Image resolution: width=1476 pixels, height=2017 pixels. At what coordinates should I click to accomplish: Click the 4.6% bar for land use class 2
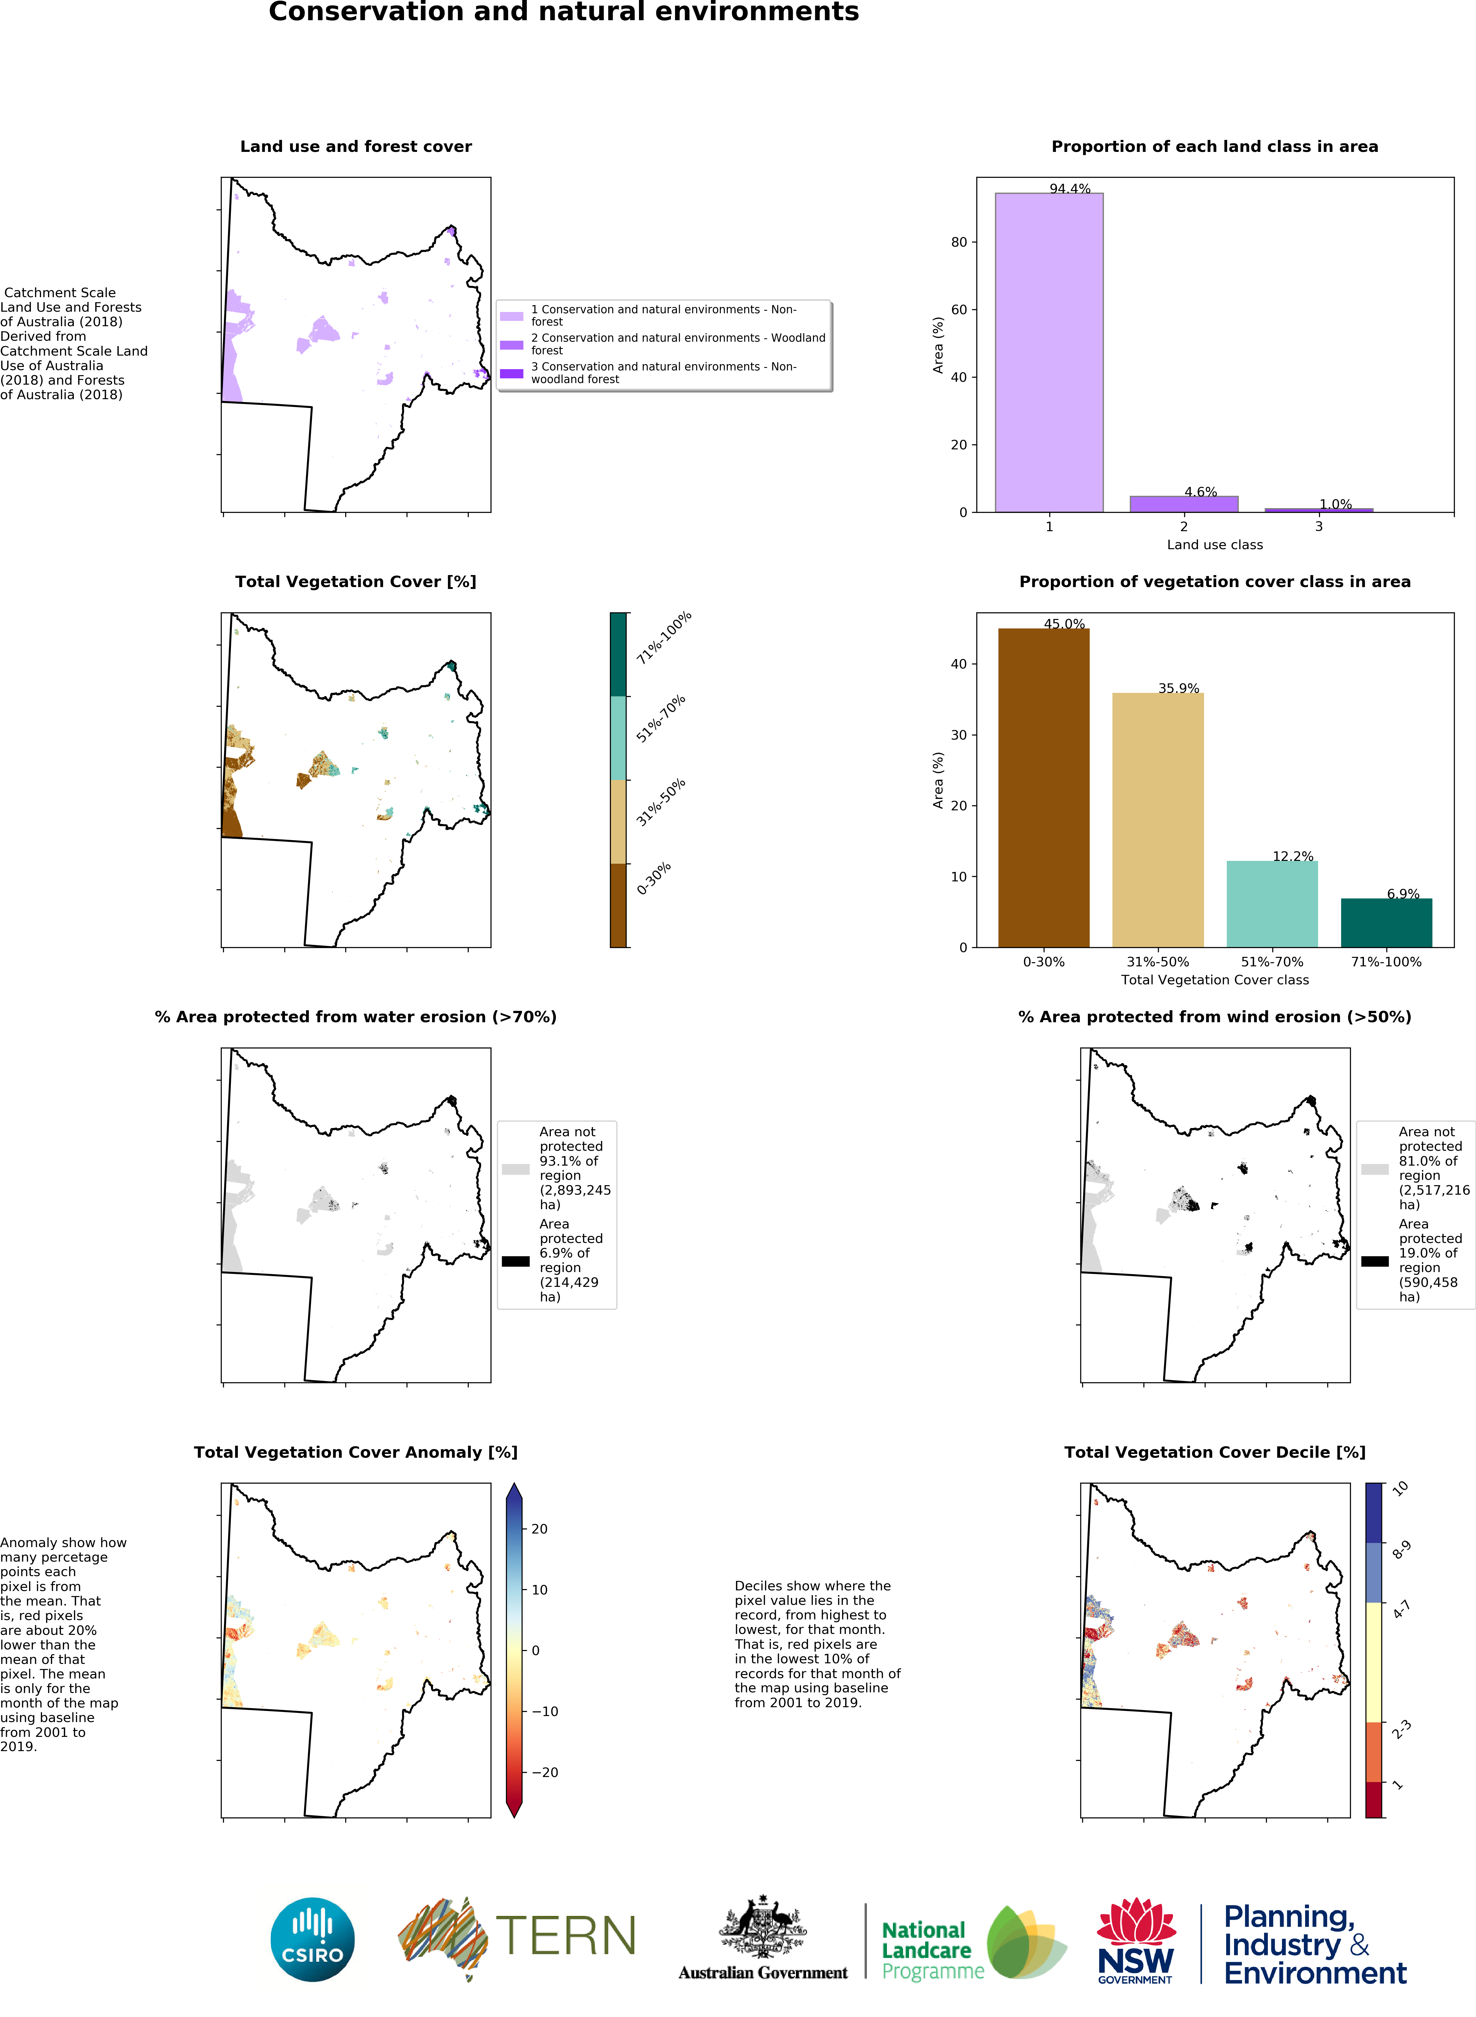pos(1184,504)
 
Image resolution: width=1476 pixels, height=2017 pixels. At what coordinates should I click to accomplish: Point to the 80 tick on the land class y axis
pos(959,242)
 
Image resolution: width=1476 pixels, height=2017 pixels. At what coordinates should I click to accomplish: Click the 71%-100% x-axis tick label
pos(1386,962)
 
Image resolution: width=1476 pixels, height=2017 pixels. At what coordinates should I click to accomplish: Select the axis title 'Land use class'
pos(1214,545)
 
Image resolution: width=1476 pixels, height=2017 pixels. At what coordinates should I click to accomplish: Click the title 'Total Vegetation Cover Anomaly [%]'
pos(356,1452)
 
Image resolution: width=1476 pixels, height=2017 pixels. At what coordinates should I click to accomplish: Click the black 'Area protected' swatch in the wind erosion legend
pos(1374,1261)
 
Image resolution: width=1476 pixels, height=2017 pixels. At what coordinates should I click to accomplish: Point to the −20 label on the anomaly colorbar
pos(544,1772)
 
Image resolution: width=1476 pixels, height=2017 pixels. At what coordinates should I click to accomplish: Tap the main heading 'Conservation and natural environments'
pos(564,13)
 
